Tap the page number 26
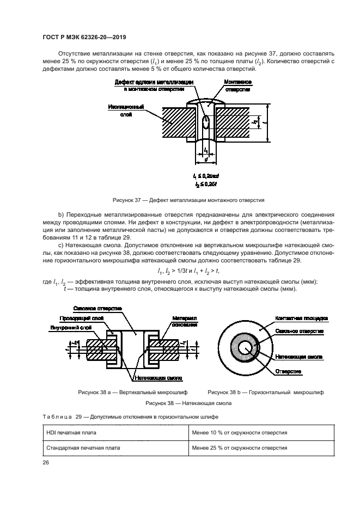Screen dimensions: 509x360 [46, 463]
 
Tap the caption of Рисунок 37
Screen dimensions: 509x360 [188, 200]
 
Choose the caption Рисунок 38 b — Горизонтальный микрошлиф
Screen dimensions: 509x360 [265, 392]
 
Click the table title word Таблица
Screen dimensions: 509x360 [57, 416]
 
